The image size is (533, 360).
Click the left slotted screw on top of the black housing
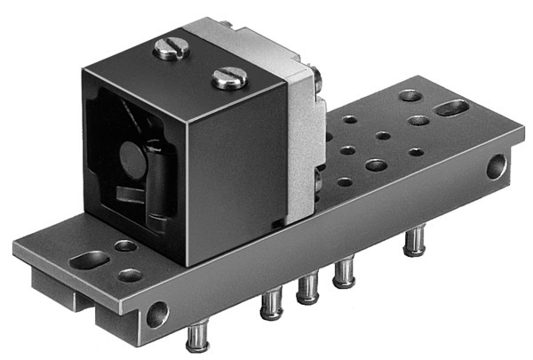(x=171, y=48)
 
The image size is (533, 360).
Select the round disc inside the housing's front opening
(x=131, y=160)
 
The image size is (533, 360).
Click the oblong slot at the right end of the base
(x=453, y=108)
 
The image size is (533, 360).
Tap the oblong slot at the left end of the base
(x=91, y=260)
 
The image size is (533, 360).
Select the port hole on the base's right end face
(x=496, y=166)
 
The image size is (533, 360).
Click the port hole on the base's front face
(x=156, y=314)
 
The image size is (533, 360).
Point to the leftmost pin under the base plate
(x=195, y=337)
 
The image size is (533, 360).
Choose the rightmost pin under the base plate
(x=413, y=241)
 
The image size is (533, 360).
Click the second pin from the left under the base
(x=271, y=305)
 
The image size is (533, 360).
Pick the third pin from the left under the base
(x=307, y=289)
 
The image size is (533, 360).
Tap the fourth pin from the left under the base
(x=343, y=273)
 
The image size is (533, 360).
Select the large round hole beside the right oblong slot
(x=410, y=94)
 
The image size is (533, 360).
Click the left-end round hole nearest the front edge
(x=131, y=275)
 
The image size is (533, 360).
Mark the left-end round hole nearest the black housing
(x=125, y=244)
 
